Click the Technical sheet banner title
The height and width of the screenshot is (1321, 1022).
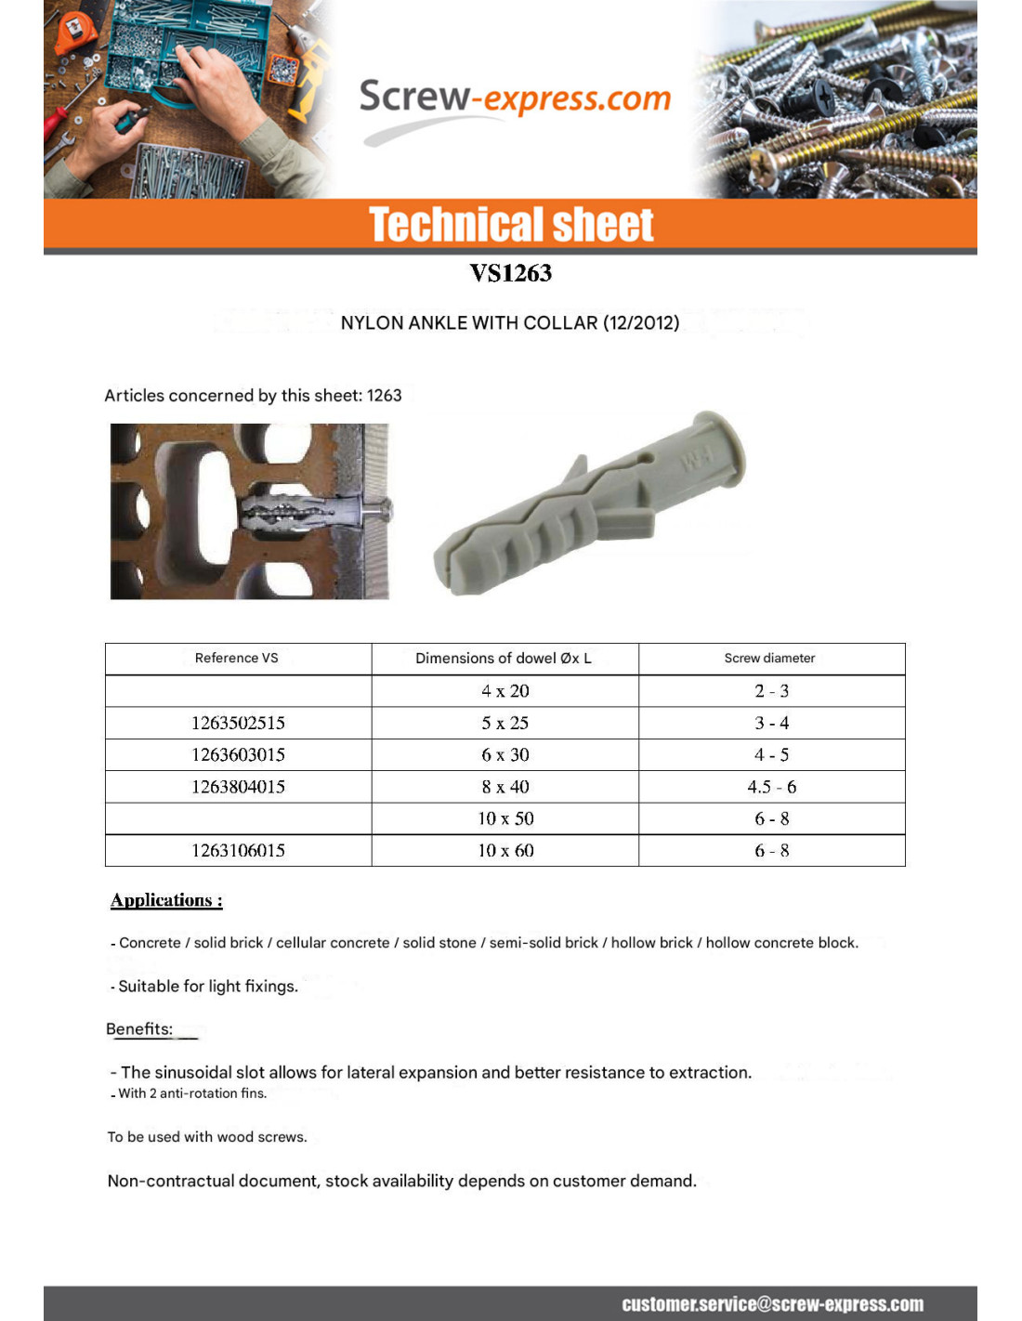click(511, 225)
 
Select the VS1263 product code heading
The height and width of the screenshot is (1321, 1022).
click(510, 273)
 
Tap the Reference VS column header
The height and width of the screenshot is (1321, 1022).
click(237, 658)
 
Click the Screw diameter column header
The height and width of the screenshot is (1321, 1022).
click(769, 658)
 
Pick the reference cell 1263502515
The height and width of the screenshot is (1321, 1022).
click(238, 723)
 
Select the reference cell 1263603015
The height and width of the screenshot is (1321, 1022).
click(238, 754)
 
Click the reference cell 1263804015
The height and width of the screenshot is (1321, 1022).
click(238, 787)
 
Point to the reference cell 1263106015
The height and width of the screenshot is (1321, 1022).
click(238, 851)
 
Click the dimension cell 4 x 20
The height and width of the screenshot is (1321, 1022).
click(505, 691)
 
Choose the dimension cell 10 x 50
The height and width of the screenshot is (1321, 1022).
click(505, 818)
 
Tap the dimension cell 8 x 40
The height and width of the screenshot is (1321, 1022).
click(505, 787)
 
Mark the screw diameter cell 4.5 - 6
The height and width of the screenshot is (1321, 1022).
click(771, 787)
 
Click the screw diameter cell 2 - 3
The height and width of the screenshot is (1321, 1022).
click(771, 691)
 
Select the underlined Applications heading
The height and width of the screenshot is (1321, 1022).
click(166, 900)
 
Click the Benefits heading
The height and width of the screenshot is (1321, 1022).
click(139, 1029)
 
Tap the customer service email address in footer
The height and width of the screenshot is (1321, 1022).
click(772, 1304)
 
